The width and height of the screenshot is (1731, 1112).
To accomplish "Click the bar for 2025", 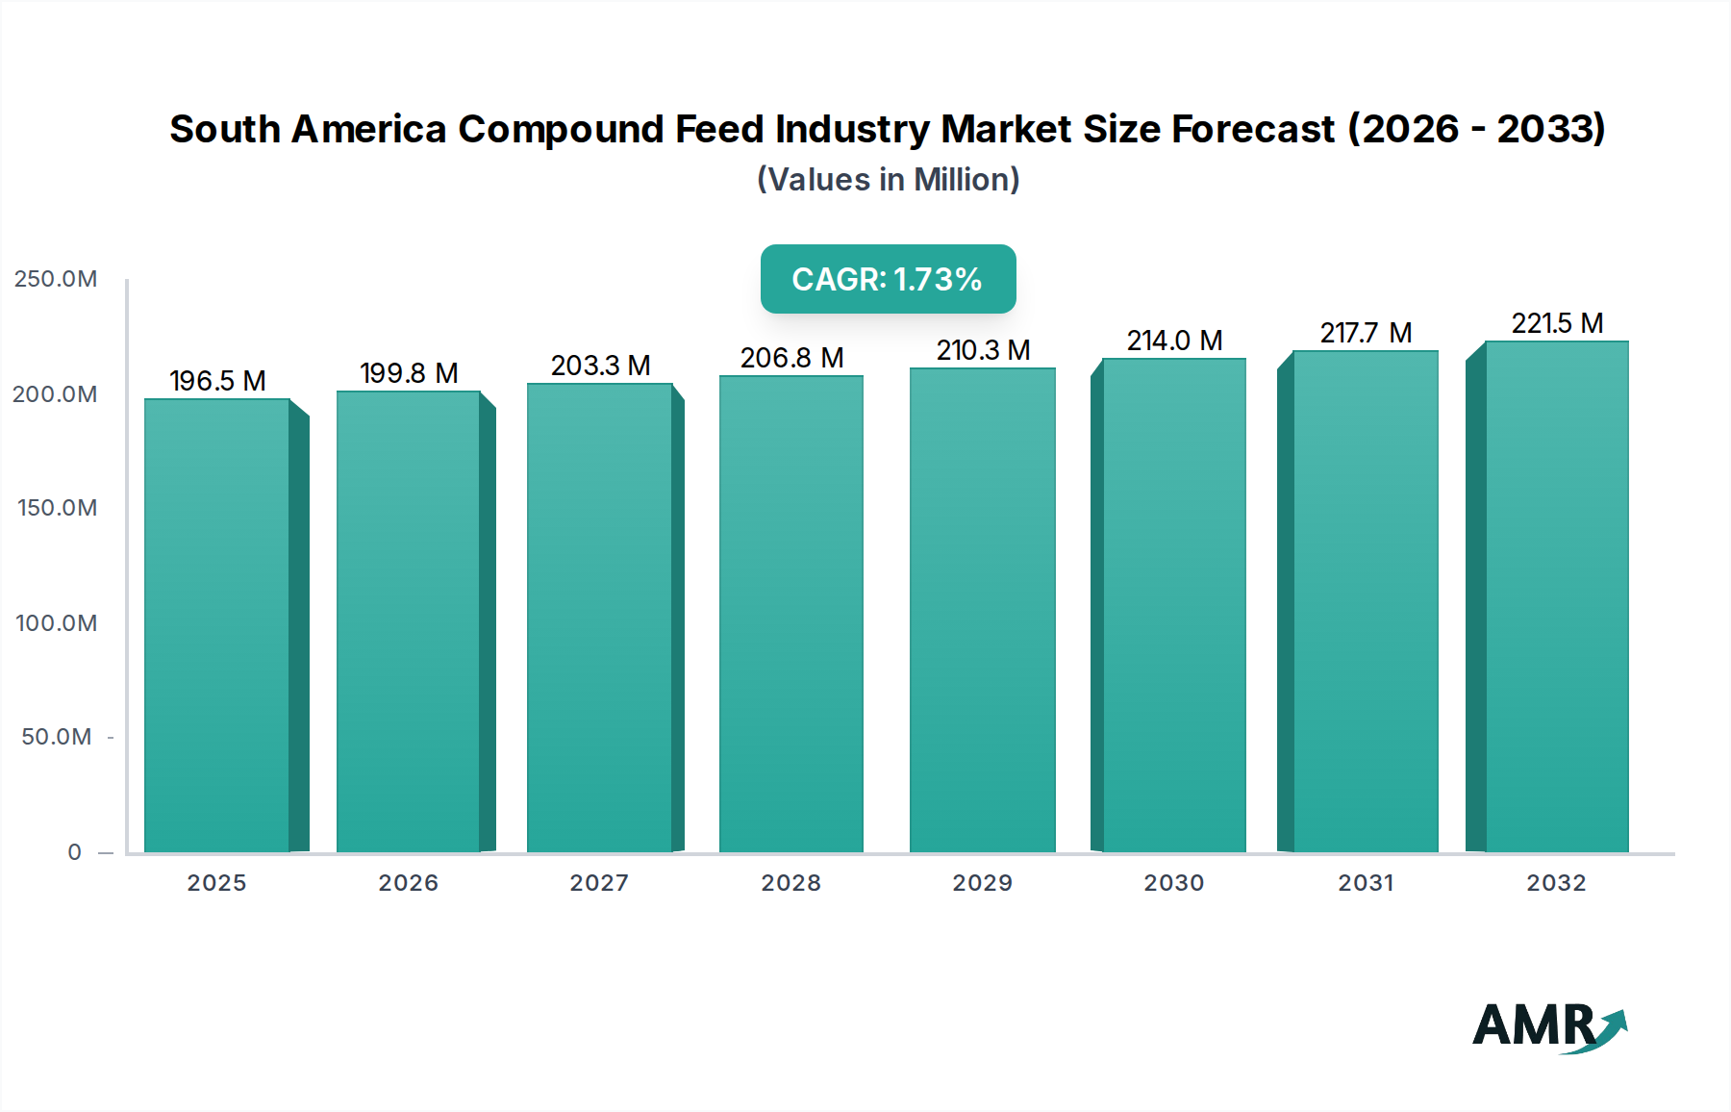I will (217, 625).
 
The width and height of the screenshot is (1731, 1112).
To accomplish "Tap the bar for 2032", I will (1556, 596).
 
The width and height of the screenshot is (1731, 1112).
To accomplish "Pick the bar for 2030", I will (1173, 606).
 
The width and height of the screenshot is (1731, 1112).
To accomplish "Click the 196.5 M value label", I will (217, 381).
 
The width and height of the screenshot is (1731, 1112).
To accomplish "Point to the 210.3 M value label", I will (983, 350).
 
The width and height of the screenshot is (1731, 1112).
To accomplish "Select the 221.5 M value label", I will (1557, 323).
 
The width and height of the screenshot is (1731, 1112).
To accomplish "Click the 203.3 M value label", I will (600, 366).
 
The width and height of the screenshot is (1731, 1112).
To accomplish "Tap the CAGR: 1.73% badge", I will (888, 279).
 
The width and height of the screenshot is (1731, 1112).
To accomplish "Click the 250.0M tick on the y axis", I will (56, 279).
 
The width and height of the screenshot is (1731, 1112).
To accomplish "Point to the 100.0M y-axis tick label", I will (56, 623).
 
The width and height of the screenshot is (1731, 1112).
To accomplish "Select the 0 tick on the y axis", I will (74, 852).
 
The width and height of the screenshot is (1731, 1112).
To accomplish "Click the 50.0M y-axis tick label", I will (56, 737).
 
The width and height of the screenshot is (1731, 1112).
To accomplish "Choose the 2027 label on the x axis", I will (599, 883).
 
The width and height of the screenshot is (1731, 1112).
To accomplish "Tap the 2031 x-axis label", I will (1366, 883).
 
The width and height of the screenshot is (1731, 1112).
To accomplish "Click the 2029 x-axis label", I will (982, 883).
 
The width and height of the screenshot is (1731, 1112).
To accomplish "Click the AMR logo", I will (1548, 1027).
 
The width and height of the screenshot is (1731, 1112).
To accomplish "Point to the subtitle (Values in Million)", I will (888, 180).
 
